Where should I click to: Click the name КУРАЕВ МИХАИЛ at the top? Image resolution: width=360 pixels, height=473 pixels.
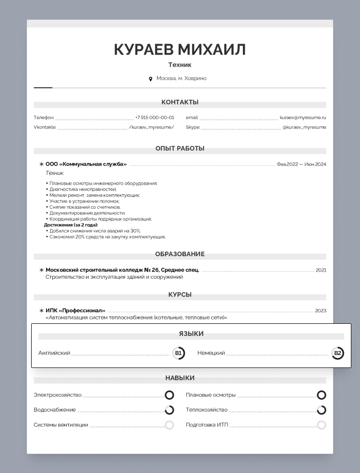[x=180, y=49]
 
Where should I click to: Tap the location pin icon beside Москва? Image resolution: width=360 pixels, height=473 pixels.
[x=151, y=79]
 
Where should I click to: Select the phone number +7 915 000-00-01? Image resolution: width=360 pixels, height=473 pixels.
[x=155, y=118]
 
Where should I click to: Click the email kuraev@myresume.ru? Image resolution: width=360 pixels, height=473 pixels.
[x=303, y=118]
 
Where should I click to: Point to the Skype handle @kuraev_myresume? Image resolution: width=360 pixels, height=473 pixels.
[x=304, y=128]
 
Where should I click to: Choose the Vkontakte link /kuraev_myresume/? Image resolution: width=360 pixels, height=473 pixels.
[x=151, y=128]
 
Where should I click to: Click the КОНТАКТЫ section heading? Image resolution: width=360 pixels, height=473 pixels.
[x=180, y=102]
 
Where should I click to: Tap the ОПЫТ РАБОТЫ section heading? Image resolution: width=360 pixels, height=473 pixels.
[x=180, y=148]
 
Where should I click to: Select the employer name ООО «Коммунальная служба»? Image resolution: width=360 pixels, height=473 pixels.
[x=86, y=164]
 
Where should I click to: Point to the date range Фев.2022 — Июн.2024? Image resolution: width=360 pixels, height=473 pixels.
[x=301, y=164]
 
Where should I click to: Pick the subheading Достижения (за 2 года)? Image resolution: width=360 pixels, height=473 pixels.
[x=71, y=225]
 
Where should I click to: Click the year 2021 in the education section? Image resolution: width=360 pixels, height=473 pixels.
[x=321, y=270]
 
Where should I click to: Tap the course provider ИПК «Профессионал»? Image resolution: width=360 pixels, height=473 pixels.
[x=75, y=310]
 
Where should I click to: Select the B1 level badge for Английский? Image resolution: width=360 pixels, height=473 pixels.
[x=179, y=354]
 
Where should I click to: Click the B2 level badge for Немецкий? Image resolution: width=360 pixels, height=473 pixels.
[x=338, y=354]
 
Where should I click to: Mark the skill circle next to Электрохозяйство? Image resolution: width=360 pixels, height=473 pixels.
[x=169, y=395]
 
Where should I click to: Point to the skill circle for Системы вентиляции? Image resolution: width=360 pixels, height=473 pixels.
[x=169, y=425]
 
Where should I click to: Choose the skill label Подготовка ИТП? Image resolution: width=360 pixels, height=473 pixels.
[x=207, y=425]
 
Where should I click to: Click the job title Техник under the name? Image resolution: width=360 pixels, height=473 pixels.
[x=180, y=65]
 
